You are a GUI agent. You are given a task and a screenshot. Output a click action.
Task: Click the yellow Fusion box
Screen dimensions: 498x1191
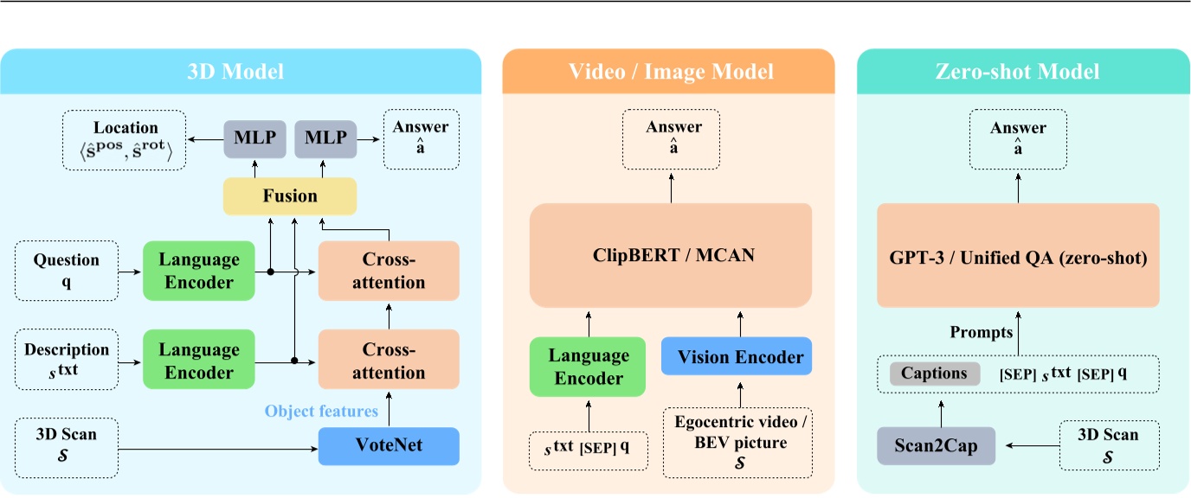click(290, 196)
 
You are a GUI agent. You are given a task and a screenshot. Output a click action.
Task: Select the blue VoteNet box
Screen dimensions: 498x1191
click(388, 446)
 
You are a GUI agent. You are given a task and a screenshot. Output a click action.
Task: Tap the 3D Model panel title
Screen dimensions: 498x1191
click(235, 71)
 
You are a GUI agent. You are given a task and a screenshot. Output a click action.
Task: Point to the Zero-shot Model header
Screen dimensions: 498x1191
click(1017, 71)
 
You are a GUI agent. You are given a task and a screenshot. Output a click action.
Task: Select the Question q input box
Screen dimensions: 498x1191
click(66, 271)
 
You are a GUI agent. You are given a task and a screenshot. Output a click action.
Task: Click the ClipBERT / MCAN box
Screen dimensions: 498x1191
click(671, 256)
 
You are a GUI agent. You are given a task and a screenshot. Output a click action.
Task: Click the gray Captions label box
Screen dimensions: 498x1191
click(934, 373)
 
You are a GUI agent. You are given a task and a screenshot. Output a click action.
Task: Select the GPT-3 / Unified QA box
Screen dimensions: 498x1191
click(1017, 257)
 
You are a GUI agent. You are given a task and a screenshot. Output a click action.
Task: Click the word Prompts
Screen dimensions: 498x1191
click(981, 332)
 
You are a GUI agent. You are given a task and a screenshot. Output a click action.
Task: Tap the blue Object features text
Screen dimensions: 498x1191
click(321, 411)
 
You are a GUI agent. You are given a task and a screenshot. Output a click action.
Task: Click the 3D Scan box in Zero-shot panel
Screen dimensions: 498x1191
click(1109, 444)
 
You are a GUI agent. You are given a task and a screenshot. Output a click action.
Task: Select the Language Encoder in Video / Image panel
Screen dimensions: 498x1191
click(589, 367)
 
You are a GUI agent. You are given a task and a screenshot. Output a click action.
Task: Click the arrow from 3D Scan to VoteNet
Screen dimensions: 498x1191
click(216, 447)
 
